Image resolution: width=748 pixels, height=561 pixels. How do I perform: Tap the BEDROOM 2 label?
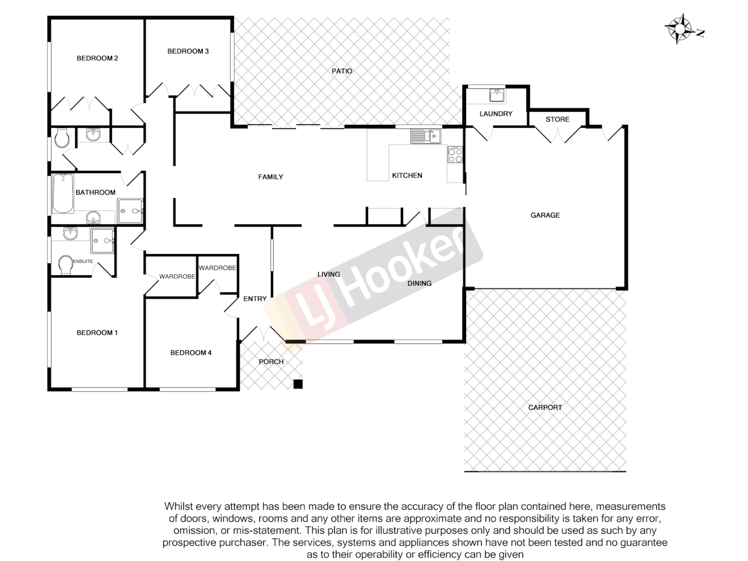pos(97,58)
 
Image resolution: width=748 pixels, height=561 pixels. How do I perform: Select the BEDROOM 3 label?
pos(188,51)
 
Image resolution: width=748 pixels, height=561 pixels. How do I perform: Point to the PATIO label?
pos(342,71)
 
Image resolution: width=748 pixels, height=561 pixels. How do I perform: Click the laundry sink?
pos(497,96)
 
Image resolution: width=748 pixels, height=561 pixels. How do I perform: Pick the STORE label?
pos(557,119)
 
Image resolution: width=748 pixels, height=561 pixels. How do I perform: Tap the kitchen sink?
pos(426,136)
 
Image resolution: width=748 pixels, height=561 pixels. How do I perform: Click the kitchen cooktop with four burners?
pos(455,155)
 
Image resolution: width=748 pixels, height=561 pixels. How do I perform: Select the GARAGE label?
pos(545,215)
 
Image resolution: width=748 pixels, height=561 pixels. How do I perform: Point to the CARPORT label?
pos(545,407)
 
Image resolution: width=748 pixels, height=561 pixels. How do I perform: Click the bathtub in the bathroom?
pos(63,193)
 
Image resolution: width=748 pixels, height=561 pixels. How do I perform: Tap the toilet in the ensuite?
pos(65,265)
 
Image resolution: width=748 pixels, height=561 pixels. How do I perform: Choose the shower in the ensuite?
pos(102,241)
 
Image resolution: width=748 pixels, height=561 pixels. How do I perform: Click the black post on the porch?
pos(298,384)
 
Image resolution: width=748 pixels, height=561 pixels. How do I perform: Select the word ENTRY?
pos(255,299)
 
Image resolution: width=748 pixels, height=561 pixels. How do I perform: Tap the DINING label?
pos(419,283)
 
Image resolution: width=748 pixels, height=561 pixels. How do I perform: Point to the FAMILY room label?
pos(271,177)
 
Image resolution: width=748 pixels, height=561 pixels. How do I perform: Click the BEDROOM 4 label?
pos(191,353)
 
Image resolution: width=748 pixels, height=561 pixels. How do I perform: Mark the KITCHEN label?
pos(407,176)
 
